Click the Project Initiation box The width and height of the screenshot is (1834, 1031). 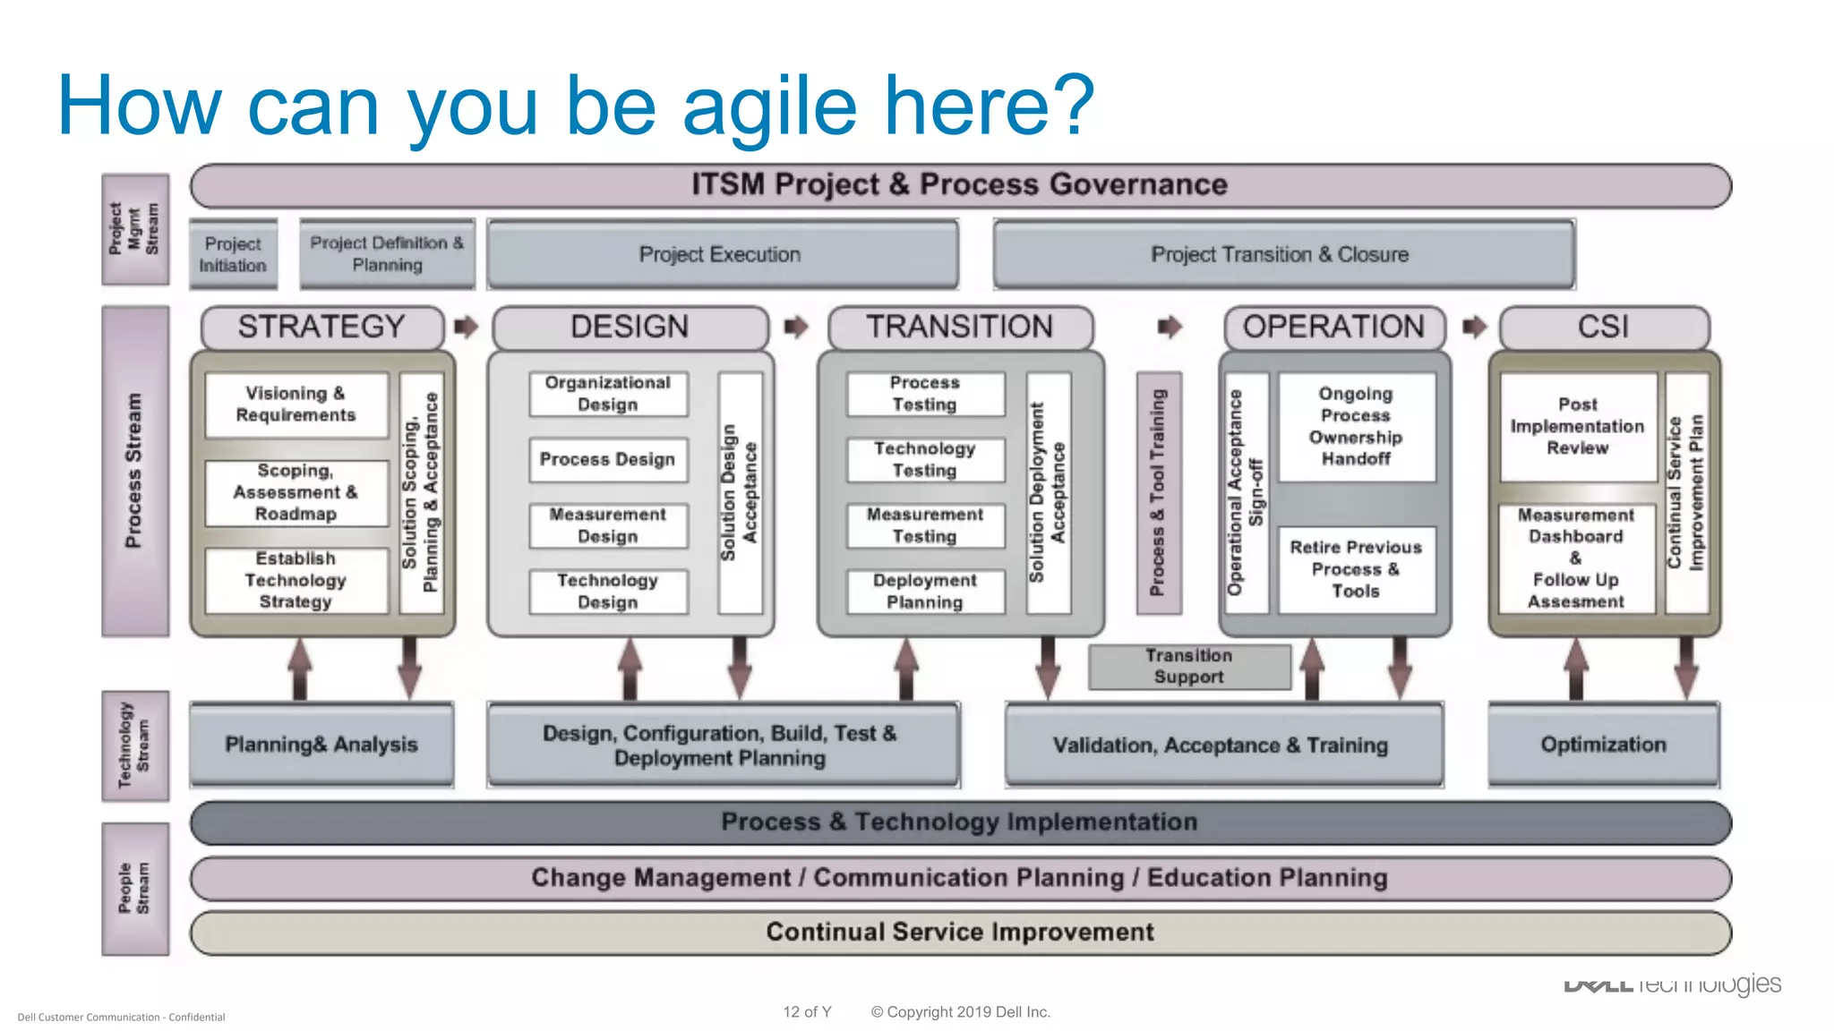pos(233,254)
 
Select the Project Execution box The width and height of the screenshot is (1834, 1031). pos(722,254)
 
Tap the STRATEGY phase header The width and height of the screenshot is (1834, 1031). pos(322,327)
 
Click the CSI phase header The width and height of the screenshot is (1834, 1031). pos(1603,327)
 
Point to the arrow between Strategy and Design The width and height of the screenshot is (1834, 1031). pos(466,327)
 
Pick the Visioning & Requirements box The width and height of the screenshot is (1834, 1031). pos(296,405)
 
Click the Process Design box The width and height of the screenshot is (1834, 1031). pos(607,459)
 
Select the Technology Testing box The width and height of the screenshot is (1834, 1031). pos(925,459)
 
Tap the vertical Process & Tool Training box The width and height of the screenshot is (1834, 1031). pos(1158,493)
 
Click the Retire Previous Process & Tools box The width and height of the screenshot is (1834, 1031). pos(1356,569)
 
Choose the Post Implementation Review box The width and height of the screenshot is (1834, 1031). pos(1577,427)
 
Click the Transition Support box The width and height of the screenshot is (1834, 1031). pos(1189,667)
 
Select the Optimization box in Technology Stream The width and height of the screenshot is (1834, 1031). pos(1603,745)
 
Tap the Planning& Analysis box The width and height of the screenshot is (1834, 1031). pos(321,745)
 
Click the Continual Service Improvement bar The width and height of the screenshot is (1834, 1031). pos(960,933)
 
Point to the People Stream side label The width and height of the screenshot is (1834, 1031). pos(135,889)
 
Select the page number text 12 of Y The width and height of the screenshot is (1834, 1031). pos(807,1012)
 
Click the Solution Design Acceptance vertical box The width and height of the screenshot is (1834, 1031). pos(740,493)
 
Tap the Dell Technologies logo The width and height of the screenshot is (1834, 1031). pos(1672,984)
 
